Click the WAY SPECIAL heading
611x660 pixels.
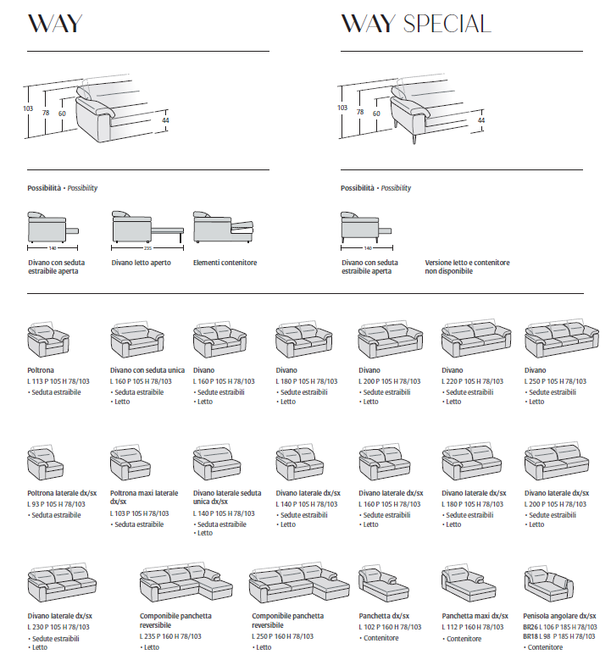(x=415, y=24)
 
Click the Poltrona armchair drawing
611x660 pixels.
(x=47, y=341)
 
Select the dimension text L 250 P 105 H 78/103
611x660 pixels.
(x=556, y=381)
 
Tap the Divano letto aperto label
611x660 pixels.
(x=141, y=263)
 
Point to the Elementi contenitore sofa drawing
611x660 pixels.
(x=224, y=228)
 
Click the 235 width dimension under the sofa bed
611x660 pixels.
(x=147, y=248)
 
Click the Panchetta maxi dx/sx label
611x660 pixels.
(x=475, y=616)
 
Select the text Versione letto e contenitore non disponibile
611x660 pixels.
(x=467, y=267)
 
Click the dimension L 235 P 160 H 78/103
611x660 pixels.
(x=170, y=636)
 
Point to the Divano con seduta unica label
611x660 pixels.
(x=147, y=370)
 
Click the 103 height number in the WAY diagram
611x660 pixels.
(x=27, y=108)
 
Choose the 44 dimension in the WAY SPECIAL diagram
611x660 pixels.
(x=481, y=120)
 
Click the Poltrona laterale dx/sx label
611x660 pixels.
(x=62, y=493)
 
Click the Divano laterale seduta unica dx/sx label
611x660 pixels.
(x=226, y=497)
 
